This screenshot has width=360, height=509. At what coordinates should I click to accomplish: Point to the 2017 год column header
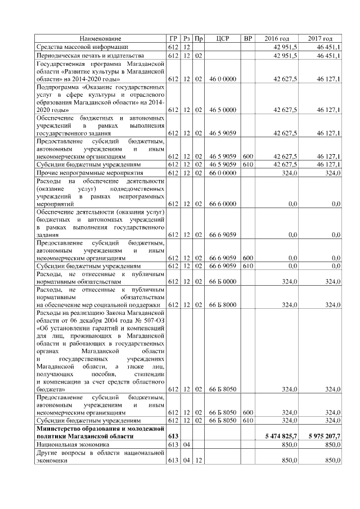coord(320,38)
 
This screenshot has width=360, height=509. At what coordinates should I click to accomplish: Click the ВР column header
coord(247,38)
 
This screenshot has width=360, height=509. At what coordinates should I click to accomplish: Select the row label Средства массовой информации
coord(83,47)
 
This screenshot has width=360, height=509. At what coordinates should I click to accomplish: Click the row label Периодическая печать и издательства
coord(91,56)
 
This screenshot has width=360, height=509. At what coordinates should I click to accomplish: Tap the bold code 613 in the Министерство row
coord(173,436)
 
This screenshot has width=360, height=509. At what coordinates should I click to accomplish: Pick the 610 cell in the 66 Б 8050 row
coord(247,420)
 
